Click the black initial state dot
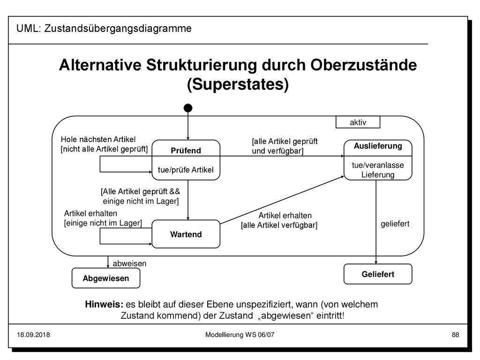point(188,108)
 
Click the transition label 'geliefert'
point(395,224)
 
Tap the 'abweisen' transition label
point(129,263)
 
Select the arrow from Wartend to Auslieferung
point(282,200)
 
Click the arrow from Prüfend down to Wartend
point(188,200)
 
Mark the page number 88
point(455,335)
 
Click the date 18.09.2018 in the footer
point(33,335)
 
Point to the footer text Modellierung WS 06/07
point(240,335)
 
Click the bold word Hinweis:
point(104,304)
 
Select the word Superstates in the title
point(238,84)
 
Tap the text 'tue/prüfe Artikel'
point(186,170)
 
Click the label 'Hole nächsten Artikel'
point(98,139)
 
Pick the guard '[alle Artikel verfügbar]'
point(279,225)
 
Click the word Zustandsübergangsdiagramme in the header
point(118,28)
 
